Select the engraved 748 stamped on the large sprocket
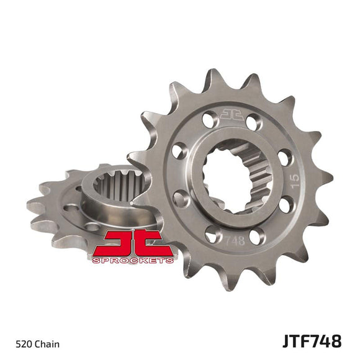point(235,238)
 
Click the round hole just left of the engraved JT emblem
point(209,116)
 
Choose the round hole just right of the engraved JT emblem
point(253,122)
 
